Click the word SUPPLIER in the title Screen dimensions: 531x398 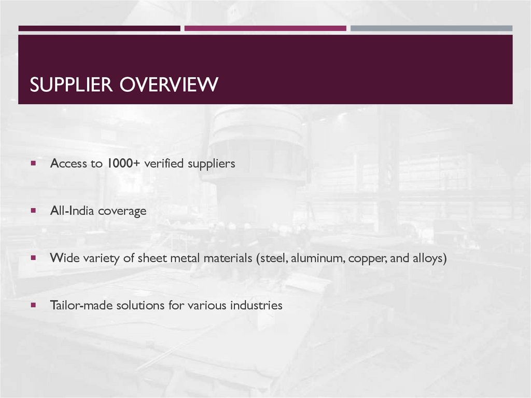point(71,85)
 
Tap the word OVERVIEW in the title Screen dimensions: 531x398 point(169,85)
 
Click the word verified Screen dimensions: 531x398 point(164,163)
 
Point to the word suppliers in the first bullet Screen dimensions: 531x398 point(212,164)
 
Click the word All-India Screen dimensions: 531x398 point(72,211)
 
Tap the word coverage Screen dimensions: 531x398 point(122,212)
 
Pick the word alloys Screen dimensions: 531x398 point(428,258)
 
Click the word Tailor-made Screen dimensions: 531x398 point(81,305)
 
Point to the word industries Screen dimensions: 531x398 point(256,305)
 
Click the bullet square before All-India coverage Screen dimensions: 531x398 point(33,211)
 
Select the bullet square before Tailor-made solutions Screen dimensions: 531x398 point(33,305)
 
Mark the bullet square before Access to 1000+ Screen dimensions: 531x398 point(33,163)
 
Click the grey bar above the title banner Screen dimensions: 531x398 point(431,29)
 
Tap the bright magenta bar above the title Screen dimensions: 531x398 point(265,29)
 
